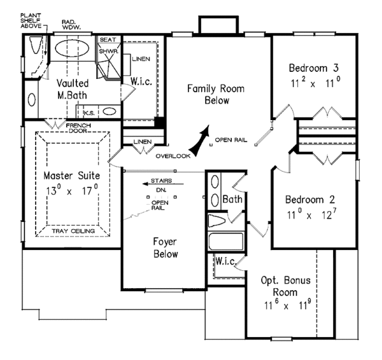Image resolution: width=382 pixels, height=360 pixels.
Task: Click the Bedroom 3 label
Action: [x=313, y=68]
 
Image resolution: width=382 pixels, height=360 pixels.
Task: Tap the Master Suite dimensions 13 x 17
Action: [x=72, y=190]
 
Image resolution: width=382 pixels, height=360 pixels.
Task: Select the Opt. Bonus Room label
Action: [x=285, y=286]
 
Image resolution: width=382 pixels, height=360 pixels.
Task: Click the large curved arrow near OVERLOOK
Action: [x=200, y=141]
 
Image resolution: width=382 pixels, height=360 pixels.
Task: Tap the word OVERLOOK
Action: [x=173, y=156]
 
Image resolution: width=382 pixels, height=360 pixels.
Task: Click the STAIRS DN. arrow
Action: [x=163, y=184]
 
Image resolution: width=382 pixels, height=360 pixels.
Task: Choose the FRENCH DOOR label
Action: [x=78, y=128]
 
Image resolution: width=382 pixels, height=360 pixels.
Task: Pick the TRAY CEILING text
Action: [x=73, y=231]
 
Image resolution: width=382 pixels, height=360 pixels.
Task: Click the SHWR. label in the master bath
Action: [x=109, y=52]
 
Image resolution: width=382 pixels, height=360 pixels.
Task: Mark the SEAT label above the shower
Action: [x=108, y=39]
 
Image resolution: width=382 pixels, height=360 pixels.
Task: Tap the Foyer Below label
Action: [x=166, y=247]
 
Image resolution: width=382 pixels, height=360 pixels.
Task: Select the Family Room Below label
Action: [x=216, y=94]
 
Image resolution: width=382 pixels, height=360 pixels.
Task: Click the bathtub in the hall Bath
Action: [x=226, y=241]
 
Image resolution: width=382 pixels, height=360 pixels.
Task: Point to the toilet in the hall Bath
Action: [x=216, y=221]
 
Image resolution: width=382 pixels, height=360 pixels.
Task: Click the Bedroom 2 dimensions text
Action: [x=311, y=214]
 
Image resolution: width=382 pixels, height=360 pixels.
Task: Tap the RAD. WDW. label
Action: [x=71, y=25]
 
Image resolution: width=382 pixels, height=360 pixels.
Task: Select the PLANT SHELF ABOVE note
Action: [x=31, y=21]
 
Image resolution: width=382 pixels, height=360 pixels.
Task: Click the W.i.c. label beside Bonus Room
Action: [x=226, y=261]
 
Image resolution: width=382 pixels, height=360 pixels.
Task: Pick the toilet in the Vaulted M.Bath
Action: [x=36, y=45]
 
